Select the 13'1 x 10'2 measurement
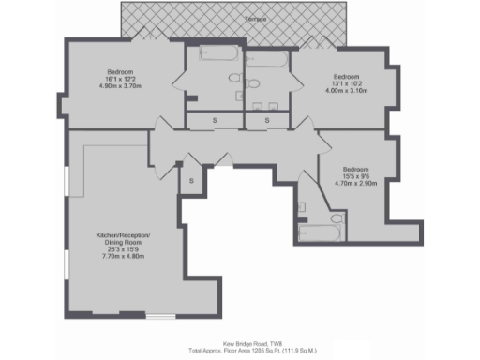click(x=349, y=83)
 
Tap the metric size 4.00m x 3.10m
click(x=349, y=91)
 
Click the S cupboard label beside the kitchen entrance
click(x=190, y=180)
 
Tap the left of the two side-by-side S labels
click(x=214, y=120)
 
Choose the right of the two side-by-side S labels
click(x=268, y=120)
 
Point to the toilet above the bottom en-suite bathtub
click(x=303, y=205)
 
